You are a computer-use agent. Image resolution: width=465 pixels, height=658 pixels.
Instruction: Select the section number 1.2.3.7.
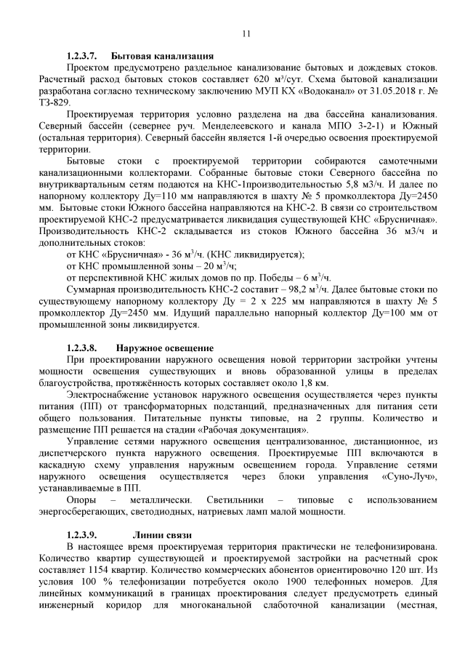tap(81, 56)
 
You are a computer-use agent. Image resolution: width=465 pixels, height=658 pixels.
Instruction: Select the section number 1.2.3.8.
tap(81, 348)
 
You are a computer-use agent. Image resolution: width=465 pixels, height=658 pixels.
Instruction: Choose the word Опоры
tap(81, 500)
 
